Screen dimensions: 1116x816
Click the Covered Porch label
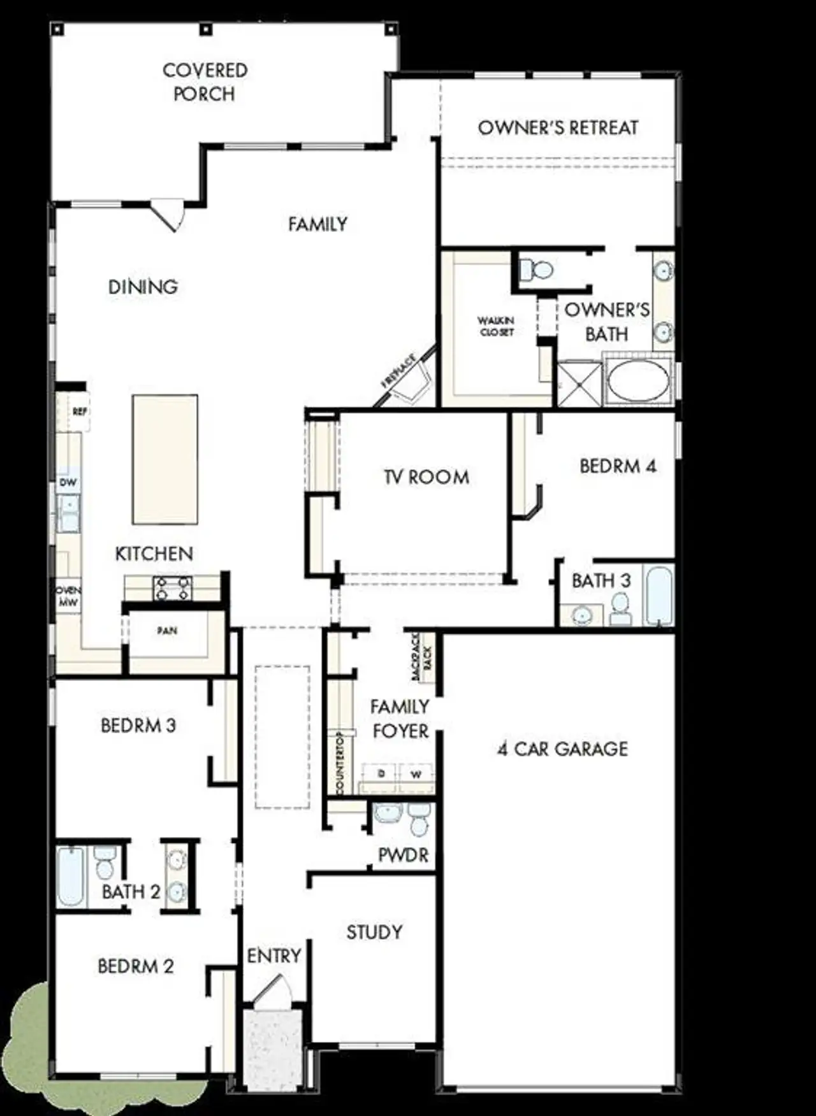[205, 82]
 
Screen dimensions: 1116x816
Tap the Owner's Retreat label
[558, 127]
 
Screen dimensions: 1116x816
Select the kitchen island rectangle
[164, 459]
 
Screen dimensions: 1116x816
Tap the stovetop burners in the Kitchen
[173, 588]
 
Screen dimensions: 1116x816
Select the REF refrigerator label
[80, 412]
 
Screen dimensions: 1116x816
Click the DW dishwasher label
[68, 482]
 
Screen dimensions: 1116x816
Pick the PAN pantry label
[168, 631]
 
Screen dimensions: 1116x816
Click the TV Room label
[426, 477]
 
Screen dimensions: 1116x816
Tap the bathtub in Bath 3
[659, 596]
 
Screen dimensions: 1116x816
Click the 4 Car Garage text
[563, 749]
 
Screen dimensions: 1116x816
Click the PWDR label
[404, 855]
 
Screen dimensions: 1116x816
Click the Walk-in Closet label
[497, 326]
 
